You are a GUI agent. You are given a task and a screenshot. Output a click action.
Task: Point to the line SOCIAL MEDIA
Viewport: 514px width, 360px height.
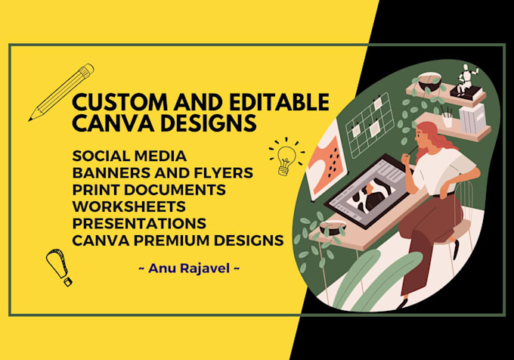[x=129, y=157]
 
